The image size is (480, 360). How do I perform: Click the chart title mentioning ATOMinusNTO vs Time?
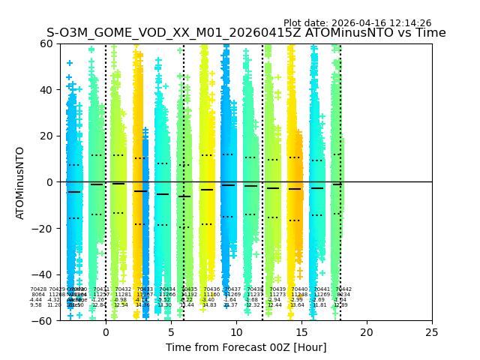coord(246,33)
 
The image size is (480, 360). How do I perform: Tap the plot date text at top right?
coord(357,23)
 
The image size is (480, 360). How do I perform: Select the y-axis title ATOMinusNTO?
coord(20,182)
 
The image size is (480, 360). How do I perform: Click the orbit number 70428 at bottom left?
coord(38,289)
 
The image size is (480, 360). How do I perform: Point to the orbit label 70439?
coord(277,289)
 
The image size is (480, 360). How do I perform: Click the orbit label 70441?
coord(322,289)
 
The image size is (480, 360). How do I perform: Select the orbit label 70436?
coord(211,289)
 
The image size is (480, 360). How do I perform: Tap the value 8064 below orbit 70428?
coord(38,294)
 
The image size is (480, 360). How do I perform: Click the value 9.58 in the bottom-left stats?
coord(36,305)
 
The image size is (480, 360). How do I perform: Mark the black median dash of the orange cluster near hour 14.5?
coord(295,189)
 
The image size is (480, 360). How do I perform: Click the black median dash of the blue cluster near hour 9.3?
coord(228,185)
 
